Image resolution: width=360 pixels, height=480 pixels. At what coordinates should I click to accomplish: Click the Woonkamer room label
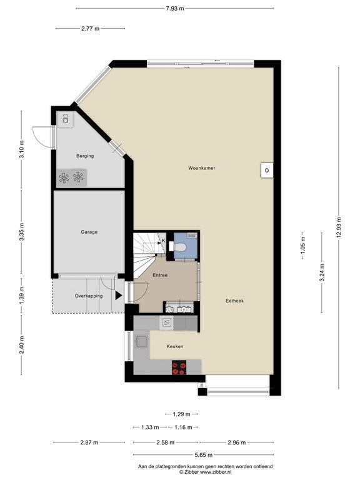(201, 168)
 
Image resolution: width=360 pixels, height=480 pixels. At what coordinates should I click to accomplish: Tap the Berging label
(85, 156)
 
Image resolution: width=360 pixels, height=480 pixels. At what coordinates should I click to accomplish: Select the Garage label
(89, 232)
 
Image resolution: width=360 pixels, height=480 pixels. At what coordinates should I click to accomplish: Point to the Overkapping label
(89, 296)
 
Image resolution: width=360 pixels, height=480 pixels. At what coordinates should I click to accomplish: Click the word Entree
(160, 275)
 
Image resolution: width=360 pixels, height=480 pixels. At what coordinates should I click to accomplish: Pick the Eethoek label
(234, 301)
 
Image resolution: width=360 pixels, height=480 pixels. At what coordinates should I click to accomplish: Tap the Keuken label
(175, 346)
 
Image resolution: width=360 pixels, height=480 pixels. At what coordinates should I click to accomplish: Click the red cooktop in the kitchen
(179, 367)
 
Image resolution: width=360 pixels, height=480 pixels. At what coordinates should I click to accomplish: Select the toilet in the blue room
(180, 247)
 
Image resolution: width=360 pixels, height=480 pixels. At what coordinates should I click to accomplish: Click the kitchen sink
(142, 342)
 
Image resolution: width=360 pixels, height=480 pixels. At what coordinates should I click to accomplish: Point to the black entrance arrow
(119, 296)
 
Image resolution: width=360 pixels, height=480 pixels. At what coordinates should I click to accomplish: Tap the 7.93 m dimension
(175, 9)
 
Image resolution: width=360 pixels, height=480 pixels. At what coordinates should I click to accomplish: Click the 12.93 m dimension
(339, 227)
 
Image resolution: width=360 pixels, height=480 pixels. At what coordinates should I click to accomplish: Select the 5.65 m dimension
(203, 455)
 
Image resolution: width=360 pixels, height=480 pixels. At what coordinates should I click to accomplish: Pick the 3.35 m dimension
(21, 232)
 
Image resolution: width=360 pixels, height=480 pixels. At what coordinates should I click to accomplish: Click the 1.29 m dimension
(181, 414)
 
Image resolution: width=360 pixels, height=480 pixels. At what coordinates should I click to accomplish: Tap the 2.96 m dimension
(237, 442)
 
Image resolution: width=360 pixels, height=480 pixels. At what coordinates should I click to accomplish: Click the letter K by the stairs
(164, 241)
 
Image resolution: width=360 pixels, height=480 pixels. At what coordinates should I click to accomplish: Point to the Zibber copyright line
(205, 472)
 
